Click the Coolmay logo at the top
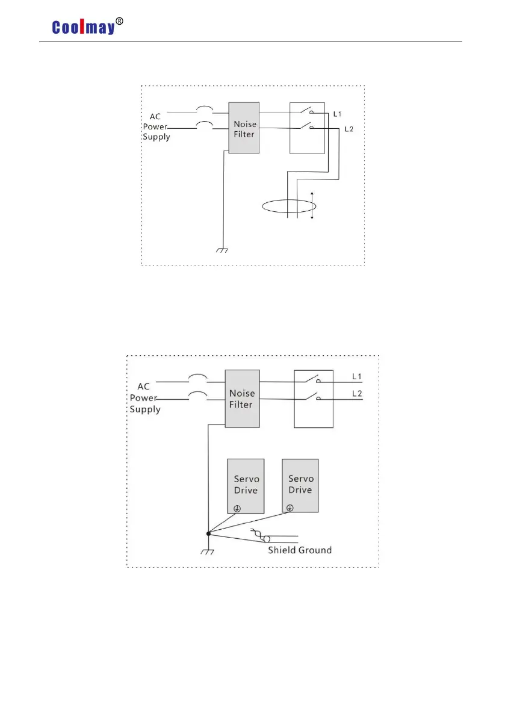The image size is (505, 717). (82, 27)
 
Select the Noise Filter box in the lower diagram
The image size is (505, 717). (242, 399)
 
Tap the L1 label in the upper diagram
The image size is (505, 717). (338, 113)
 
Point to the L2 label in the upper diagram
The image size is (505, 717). (349, 129)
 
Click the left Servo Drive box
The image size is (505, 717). (246, 485)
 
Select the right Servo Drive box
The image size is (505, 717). (300, 485)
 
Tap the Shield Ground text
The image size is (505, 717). (300, 550)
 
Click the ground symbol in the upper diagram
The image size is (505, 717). (223, 250)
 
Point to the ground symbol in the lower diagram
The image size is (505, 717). (208, 551)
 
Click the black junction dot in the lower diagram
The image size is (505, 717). (208, 533)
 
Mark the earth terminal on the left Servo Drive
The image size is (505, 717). (237, 508)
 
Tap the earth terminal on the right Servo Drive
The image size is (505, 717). (291, 507)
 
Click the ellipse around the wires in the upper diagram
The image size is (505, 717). (289, 206)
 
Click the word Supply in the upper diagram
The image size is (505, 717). (156, 137)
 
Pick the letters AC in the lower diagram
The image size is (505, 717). (144, 386)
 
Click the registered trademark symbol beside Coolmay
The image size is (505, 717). (119, 21)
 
